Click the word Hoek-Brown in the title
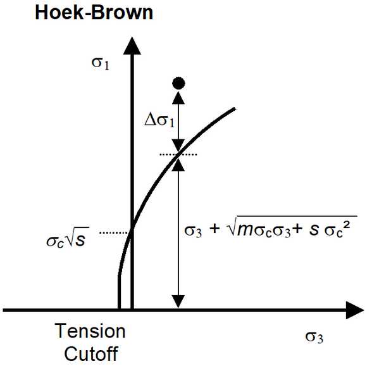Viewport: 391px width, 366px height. [x=94, y=13]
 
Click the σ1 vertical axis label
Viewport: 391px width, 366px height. [x=101, y=64]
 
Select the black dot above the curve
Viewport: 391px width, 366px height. [x=179, y=82]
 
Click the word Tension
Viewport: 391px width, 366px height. [x=90, y=331]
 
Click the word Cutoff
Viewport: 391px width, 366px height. [x=90, y=351]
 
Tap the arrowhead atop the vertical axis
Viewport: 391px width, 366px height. [x=132, y=46]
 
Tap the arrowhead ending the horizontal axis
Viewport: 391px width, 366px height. [x=355, y=310]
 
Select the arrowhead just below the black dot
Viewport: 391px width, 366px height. [x=179, y=97]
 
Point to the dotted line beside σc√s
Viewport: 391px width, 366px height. [x=115, y=232]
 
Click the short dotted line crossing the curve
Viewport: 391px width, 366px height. [x=178, y=154]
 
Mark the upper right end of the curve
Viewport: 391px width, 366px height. [x=234, y=109]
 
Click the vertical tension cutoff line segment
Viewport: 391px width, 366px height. [x=120, y=292]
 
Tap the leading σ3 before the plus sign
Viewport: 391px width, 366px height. [x=192, y=231]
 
